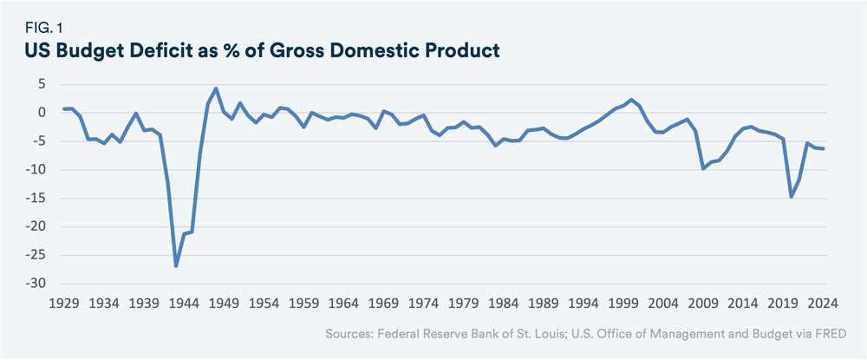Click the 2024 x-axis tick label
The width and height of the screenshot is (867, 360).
tap(821, 304)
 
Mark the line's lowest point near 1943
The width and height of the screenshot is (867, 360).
tap(176, 265)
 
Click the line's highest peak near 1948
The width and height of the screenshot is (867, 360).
tap(216, 88)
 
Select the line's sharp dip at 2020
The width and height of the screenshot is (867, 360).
tap(791, 197)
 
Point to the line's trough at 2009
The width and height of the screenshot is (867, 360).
tap(702, 168)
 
